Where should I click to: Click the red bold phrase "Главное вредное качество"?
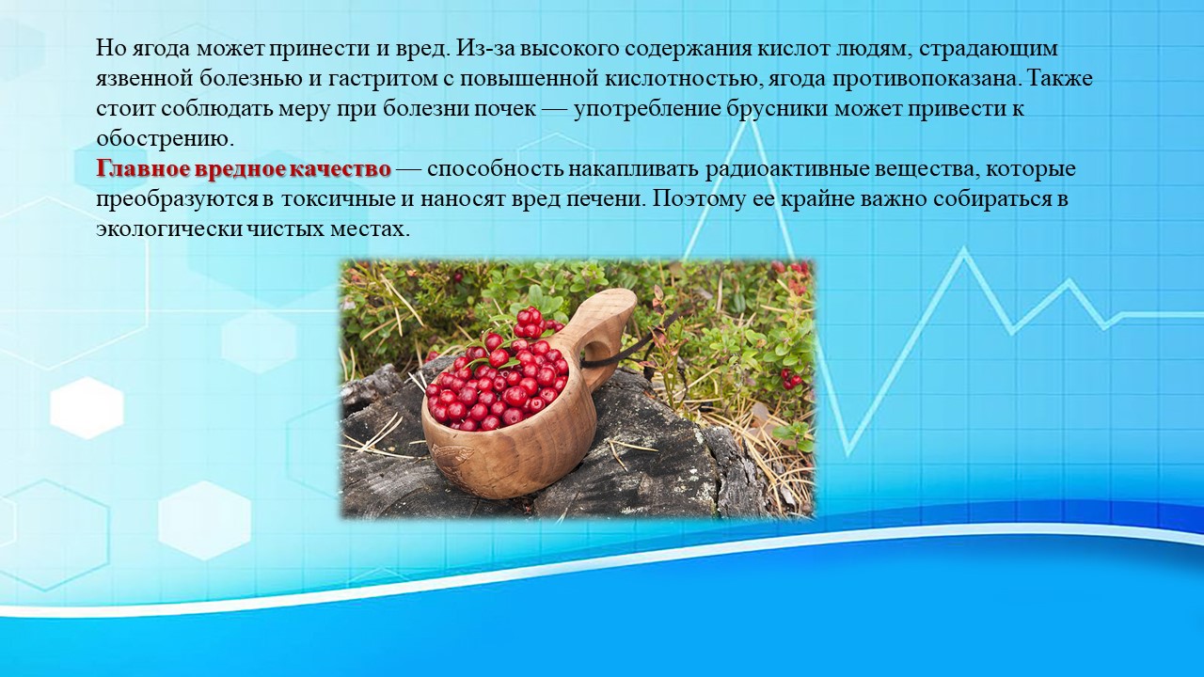pyautogui.click(x=244, y=168)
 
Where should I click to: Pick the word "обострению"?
pyautogui.click(x=166, y=139)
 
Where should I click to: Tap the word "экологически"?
pyautogui.click(x=169, y=229)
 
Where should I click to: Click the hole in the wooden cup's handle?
pyautogui.click(x=595, y=350)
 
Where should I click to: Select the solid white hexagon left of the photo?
pyautogui.click(x=87, y=408)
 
